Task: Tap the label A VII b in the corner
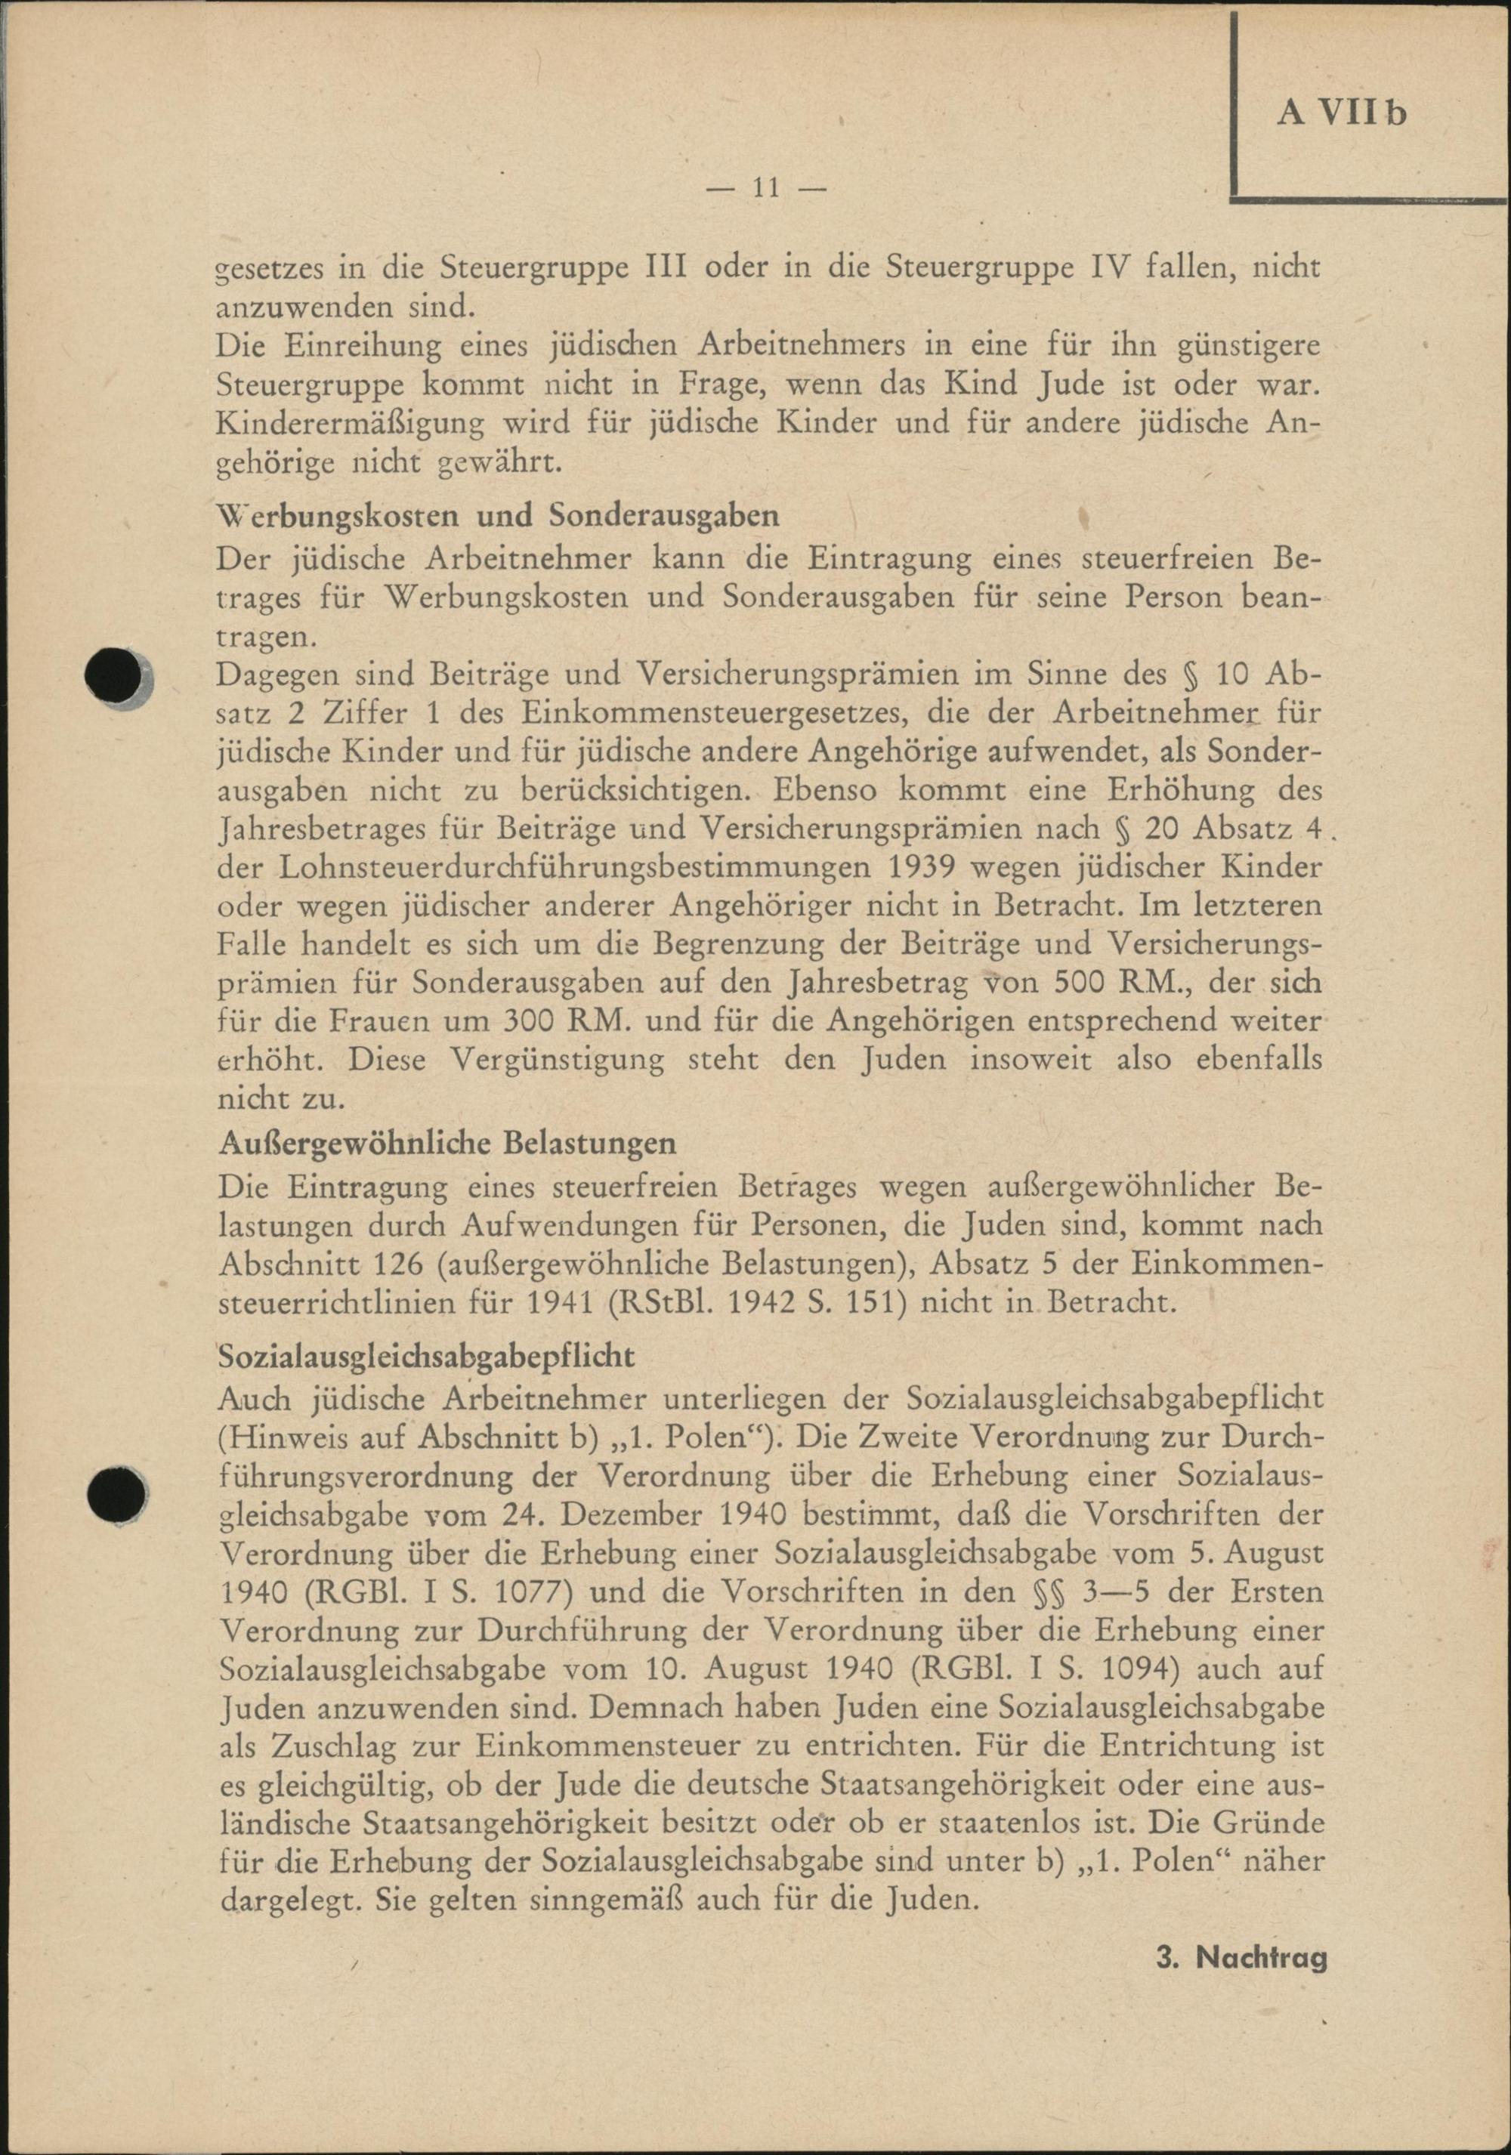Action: pyautogui.click(x=1342, y=113)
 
